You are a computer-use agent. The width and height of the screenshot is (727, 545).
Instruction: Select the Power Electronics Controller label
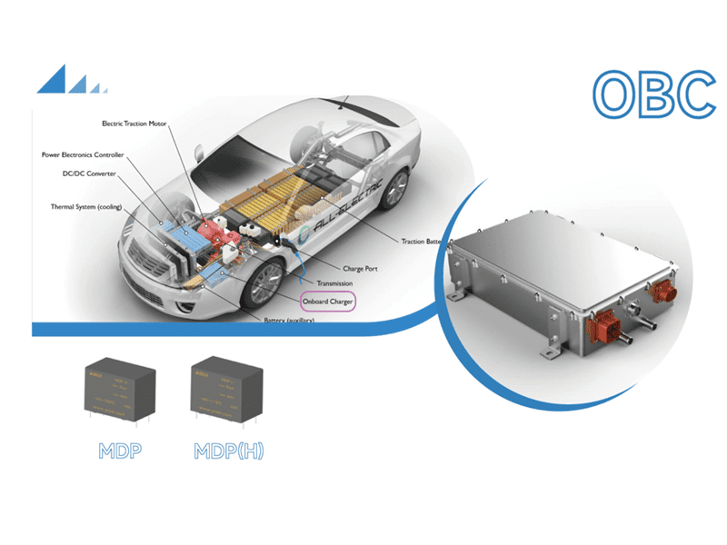point(83,155)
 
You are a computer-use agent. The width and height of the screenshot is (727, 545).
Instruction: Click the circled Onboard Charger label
point(327,300)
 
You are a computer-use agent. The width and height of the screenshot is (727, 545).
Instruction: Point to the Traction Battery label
point(427,242)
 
